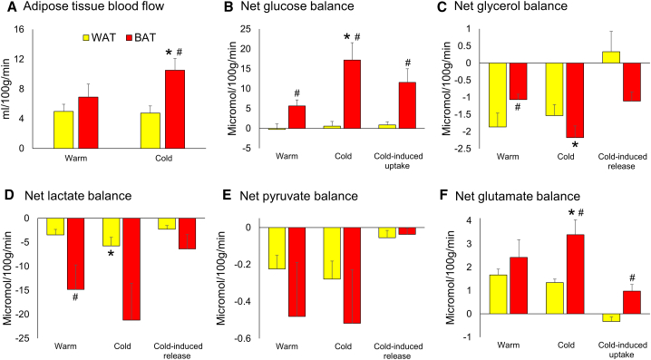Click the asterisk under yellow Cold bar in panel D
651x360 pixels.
coord(111,254)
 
